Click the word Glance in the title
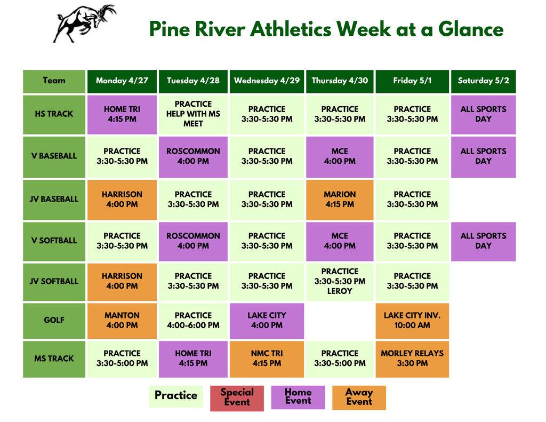[471, 29]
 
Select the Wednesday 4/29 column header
[267, 81]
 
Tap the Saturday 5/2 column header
[483, 81]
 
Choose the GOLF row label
[54, 320]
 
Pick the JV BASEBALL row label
[54, 199]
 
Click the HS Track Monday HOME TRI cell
[122, 114]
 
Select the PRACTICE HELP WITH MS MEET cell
[193, 114]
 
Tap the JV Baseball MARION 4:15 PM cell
[340, 199]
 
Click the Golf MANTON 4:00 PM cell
[122, 320]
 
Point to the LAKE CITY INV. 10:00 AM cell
[412, 320]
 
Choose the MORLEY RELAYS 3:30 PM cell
[412, 359]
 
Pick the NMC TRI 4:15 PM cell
[267, 359]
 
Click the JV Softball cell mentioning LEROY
[340, 281]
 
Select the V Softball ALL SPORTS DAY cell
[483, 241]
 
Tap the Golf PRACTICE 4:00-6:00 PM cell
[193, 320]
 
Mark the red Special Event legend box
[237, 398]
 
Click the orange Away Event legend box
[359, 397]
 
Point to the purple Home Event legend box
[298, 397]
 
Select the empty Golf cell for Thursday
[340, 320]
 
